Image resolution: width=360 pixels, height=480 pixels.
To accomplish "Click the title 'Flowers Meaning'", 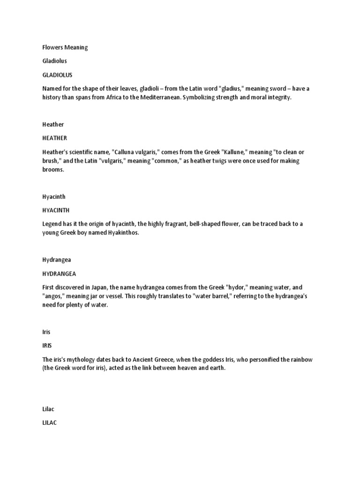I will (x=65, y=47).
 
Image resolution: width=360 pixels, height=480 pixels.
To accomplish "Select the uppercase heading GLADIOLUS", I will (x=57, y=75).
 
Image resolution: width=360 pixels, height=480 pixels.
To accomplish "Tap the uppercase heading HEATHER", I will (x=54, y=138).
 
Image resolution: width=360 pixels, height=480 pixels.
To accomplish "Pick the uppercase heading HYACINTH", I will (x=56, y=210).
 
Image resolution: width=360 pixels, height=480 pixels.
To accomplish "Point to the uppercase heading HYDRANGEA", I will (x=59, y=273).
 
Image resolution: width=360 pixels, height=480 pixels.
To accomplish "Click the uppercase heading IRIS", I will (x=47, y=345).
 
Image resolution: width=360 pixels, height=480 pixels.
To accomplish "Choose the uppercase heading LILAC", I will (x=49, y=422).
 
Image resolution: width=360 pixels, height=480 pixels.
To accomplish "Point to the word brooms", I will (x=52, y=170).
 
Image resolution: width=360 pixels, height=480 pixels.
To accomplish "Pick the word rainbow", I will (x=301, y=359).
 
